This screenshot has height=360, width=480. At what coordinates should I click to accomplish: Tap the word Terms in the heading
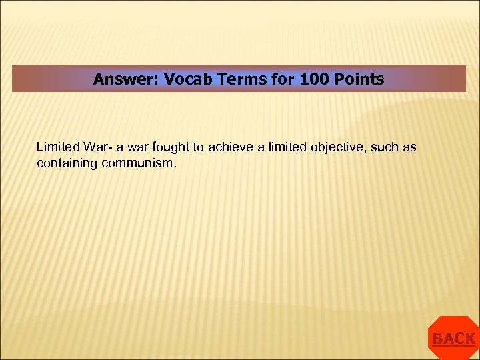(243, 80)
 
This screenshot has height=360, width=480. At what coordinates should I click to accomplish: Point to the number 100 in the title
(314, 80)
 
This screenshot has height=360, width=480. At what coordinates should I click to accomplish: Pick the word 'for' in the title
(284, 80)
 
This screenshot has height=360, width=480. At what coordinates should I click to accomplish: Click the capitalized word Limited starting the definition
(57, 147)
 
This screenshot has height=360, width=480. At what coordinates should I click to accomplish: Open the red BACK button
(454, 339)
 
